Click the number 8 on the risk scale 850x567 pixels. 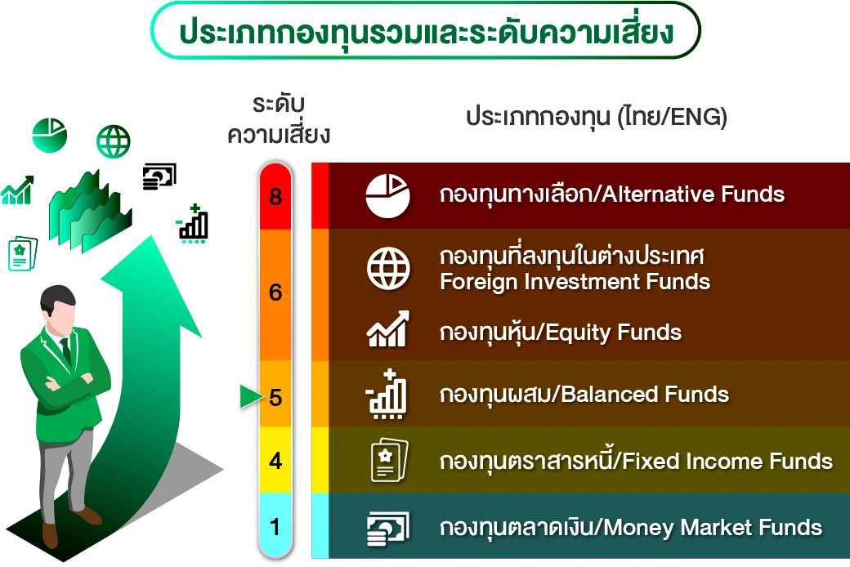click(275, 196)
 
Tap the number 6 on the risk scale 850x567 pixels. click(275, 292)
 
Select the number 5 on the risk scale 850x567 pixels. click(275, 397)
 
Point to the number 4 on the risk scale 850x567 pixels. click(275, 461)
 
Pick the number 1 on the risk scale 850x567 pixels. click(275, 527)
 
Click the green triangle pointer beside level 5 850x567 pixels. click(250, 397)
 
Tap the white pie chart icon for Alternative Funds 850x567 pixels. click(388, 196)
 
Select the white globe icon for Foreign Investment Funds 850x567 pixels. click(388, 268)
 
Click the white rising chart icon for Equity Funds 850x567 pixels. click(388, 329)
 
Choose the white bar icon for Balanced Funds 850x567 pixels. click(387, 395)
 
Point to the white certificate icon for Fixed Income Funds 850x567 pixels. click(389, 460)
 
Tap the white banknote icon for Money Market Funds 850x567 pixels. click(388, 528)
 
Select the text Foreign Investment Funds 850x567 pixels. click(575, 282)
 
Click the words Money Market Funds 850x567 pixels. click(713, 528)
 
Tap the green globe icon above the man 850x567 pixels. click(114, 141)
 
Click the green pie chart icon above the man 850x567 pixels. click(50, 135)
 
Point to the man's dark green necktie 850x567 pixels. click(65, 350)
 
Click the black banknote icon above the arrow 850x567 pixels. click(159, 176)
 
